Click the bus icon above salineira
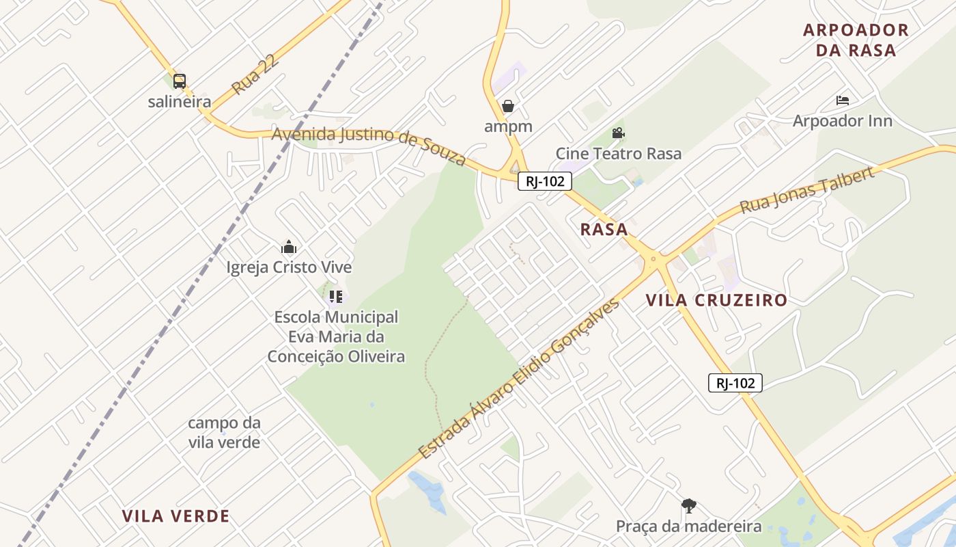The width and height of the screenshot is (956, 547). point(179,81)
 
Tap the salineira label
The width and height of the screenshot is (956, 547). point(180,102)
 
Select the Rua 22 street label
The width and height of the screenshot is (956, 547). point(255,76)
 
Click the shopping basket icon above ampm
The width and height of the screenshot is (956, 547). point(507,106)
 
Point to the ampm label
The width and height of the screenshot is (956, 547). point(508,126)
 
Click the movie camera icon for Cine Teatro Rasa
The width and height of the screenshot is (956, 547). point(618,133)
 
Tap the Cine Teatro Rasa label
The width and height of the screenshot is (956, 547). point(618,153)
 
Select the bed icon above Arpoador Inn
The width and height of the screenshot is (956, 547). point(843,101)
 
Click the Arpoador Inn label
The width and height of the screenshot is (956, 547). point(842,121)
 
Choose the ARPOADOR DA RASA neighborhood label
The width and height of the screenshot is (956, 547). point(856,40)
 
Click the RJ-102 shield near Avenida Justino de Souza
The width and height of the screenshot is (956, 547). point(544,181)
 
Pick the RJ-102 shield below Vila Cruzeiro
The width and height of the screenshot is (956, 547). point(735,383)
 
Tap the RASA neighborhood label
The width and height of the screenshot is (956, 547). point(604,230)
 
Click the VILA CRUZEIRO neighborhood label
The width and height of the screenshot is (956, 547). point(716,300)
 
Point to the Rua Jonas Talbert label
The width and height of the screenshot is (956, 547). point(806,189)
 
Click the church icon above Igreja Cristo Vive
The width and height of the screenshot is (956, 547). point(289,247)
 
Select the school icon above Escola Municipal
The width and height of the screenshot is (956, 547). point(335,297)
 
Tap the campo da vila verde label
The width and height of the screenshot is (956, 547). point(224,432)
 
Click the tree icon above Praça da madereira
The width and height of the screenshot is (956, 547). point(688,506)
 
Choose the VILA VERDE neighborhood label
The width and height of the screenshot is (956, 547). point(175,516)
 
